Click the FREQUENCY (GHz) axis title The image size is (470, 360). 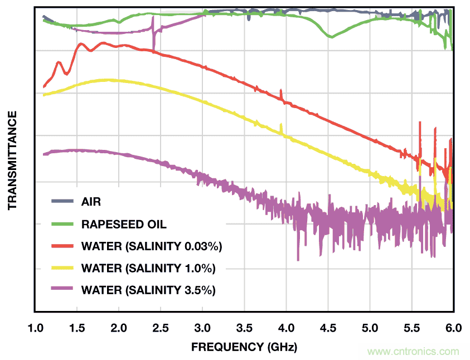pyautogui.click(x=244, y=347)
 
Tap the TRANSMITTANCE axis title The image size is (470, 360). pyautogui.click(x=12, y=160)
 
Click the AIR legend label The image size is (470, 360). pyautogui.click(x=91, y=201)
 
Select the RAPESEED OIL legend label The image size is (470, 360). pyautogui.click(x=124, y=225)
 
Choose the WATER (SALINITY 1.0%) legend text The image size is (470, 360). pyautogui.click(x=148, y=268)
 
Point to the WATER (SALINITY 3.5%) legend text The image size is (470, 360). pyautogui.click(x=148, y=290)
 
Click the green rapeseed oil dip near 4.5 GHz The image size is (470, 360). pyautogui.click(x=331, y=36)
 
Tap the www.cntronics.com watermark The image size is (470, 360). pyautogui.click(x=414, y=352)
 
